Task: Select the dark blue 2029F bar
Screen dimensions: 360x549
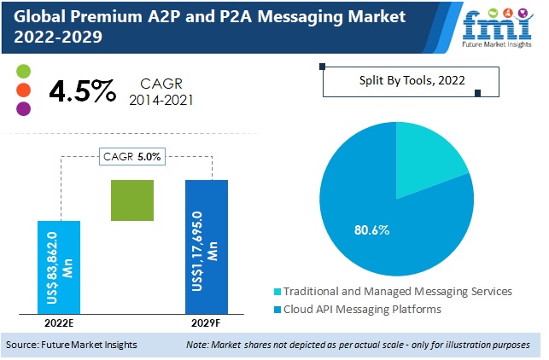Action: coord(207,247)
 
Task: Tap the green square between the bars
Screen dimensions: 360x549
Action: coord(132,200)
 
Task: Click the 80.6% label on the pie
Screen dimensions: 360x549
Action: coord(371,229)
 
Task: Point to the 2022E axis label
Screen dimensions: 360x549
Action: coord(59,325)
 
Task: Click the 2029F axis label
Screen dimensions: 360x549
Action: coord(206,325)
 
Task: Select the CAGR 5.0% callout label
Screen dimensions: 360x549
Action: coord(133,156)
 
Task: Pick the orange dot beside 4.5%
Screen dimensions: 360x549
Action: coord(23,90)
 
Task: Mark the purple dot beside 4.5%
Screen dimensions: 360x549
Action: coord(23,108)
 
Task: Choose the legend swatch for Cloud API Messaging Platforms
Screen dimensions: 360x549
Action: coord(277,310)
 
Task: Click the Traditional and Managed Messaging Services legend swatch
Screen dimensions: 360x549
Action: coord(277,292)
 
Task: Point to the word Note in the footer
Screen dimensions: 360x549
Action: coord(198,345)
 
